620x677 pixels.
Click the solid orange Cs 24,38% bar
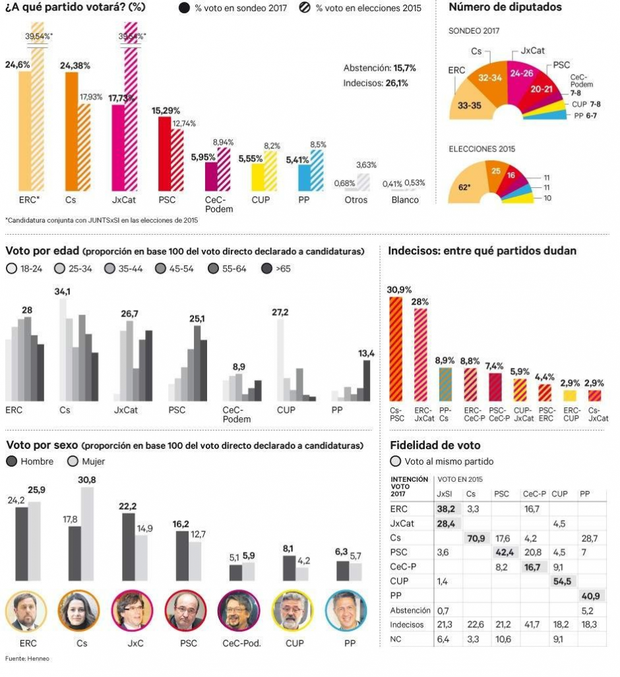coord(71,132)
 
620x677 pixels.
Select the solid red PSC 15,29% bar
coord(165,154)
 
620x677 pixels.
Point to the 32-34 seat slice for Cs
coord(490,80)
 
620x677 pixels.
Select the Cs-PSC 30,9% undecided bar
coord(396,349)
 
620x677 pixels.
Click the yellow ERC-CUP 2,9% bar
coord(570,396)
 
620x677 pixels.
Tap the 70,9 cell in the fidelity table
coord(476,539)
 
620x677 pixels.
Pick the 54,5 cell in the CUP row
coord(562,581)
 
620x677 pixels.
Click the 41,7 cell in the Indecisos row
coord(532,625)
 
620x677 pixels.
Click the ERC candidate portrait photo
coord(26,611)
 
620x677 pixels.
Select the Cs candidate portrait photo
coord(79,611)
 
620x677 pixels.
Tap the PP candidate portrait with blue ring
coord(346,611)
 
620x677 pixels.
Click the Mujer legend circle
coord(73,461)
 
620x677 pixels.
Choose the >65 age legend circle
coord(266,269)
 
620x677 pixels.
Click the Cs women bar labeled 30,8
coord(87,534)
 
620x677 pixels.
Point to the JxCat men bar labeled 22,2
coord(129,547)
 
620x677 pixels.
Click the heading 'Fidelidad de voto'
coord(435,446)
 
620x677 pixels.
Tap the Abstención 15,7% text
coord(380,68)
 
